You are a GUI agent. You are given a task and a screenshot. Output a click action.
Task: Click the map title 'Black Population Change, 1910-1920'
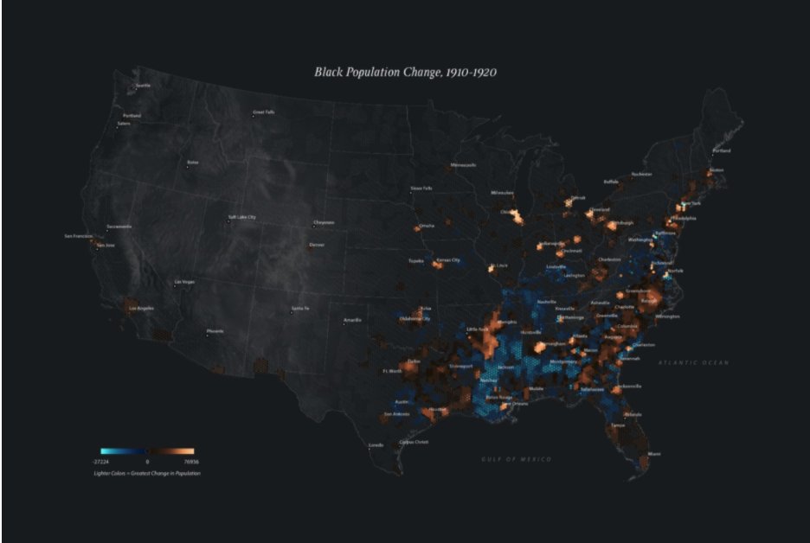pyautogui.click(x=404, y=73)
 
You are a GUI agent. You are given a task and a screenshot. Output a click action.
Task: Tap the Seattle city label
pyautogui.click(x=143, y=86)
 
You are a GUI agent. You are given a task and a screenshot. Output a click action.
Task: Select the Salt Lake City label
pyautogui.click(x=242, y=217)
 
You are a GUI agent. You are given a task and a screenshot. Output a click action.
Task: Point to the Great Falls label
pyautogui.click(x=264, y=112)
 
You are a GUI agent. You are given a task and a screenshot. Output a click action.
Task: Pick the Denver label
pyautogui.click(x=318, y=244)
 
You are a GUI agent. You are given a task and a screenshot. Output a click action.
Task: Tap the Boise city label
pyautogui.click(x=193, y=162)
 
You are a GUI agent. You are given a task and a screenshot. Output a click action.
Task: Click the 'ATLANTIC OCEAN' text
pyautogui.click(x=692, y=362)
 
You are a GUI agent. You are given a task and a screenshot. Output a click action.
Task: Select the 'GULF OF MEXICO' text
pyautogui.click(x=517, y=458)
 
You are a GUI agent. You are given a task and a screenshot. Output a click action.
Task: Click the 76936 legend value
pyautogui.click(x=186, y=463)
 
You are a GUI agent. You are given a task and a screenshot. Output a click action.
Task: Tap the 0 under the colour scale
pyautogui.click(x=147, y=463)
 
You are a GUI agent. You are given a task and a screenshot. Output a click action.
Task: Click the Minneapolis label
pyautogui.click(x=463, y=165)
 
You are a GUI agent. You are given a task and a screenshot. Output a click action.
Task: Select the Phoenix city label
pyautogui.click(x=215, y=331)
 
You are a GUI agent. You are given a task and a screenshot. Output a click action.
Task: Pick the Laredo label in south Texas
pyautogui.click(x=376, y=445)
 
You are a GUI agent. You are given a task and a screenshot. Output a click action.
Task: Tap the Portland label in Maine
pyautogui.click(x=721, y=150)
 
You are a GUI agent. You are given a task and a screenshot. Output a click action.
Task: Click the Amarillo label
pyautogui.click(x=352, y=320)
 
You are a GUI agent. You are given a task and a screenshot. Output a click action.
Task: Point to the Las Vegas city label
pyautogui.click(x=185, y=282)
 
